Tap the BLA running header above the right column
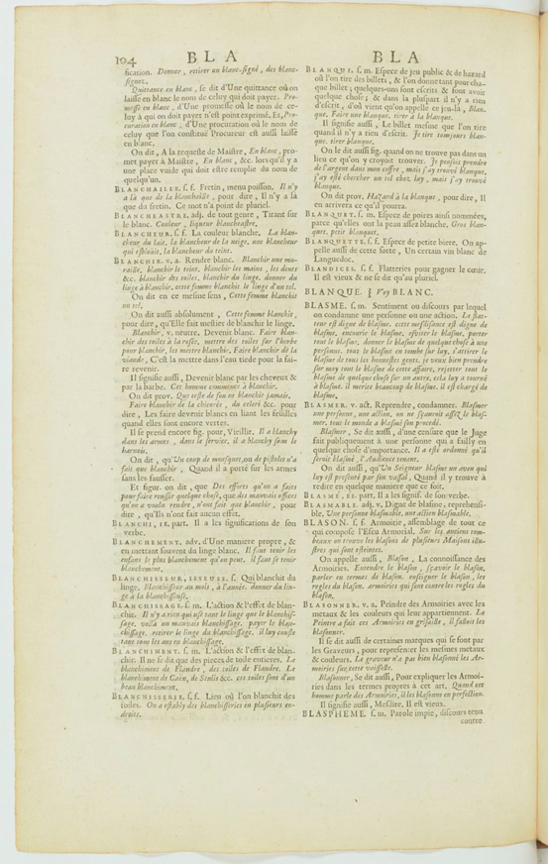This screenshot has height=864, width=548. point(396,58)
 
